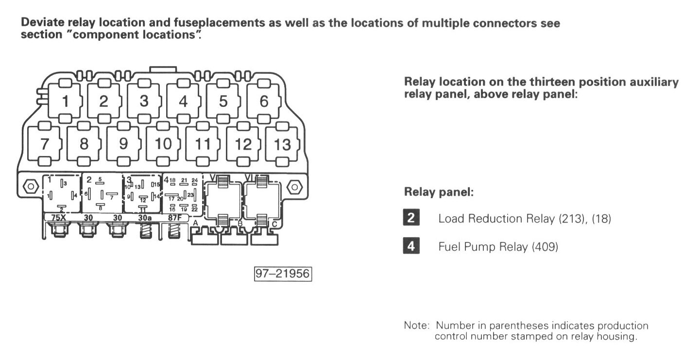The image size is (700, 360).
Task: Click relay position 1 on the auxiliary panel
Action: coord(65,102)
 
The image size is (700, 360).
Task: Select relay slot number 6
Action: coord(264,102)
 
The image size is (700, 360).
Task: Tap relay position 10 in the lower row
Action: coord(163,144)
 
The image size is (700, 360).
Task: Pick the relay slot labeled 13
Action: coord(282,144)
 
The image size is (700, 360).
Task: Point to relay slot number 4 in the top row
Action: coord(183,102)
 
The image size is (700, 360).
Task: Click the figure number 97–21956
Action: coord(282,274)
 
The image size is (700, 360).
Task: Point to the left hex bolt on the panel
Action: coord(30,187)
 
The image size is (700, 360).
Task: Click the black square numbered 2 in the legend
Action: coord(410,218)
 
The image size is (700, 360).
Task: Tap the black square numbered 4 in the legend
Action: coord(410,246)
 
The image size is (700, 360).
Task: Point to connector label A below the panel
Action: coord(195,223)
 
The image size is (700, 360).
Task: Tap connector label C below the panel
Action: coord(274,224)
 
